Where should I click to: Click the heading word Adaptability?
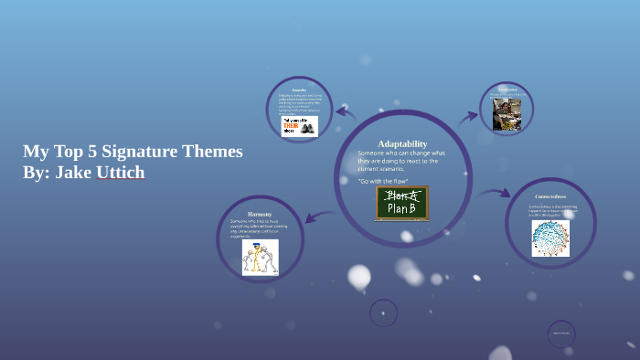point(402,143)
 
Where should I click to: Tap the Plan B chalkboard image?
point(402,203)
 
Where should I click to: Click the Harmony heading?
point(260,214)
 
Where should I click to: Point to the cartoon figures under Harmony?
point(261,258)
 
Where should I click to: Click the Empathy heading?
point(299,90)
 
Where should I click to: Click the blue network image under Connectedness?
point(550,238)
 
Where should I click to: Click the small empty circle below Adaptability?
point(383,313)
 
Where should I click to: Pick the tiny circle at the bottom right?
point(561,334)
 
